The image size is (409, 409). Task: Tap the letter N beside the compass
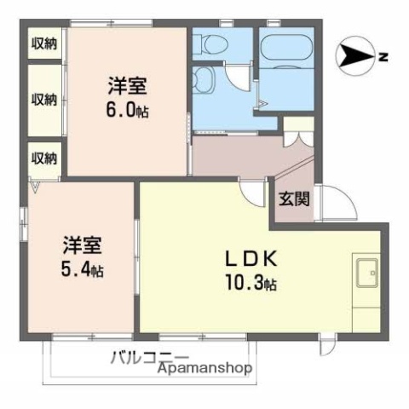click(x=383, y=58)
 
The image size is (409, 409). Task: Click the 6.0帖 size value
click(x=129, y=111)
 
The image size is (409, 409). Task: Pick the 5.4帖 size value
click(x=83, y=271)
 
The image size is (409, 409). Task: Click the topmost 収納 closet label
click(x=45, y=43)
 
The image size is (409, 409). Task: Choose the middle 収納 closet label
click(x=45, y=99)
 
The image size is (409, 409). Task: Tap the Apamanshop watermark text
click(x=205, y=369)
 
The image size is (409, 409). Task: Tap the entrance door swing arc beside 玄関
click(x=331, y=207)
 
